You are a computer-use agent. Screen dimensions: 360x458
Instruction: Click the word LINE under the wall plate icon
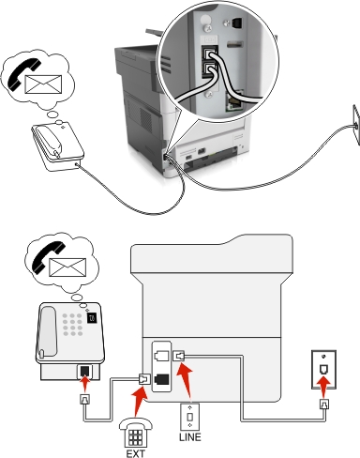[190, 436]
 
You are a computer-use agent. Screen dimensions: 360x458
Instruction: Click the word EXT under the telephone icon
[136, 453]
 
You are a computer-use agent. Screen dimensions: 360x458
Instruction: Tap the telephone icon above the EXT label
[136, 434]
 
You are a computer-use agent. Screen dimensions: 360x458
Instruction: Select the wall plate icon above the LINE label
[189, 417]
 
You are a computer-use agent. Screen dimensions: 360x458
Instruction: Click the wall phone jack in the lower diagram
[323, 370]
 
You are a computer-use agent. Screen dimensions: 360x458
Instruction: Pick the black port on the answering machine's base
[84, 372]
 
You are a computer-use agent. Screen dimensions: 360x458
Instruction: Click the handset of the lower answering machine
[48, 331]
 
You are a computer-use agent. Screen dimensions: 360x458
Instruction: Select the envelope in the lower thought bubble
[67, 267]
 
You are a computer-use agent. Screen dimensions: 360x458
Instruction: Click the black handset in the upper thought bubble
[24, 74]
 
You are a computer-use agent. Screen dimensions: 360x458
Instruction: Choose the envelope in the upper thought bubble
[43, 84]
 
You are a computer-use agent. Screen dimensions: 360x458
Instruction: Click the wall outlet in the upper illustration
[356, 125]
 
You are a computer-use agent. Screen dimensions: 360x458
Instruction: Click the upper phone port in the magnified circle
[207, 53]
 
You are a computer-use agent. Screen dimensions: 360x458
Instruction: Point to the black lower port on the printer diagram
[161, 379]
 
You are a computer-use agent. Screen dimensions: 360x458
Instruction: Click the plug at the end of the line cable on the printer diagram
[179, 356]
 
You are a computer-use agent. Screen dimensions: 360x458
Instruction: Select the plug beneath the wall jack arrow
[323, 405]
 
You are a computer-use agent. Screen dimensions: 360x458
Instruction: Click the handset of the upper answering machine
[50, 140]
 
